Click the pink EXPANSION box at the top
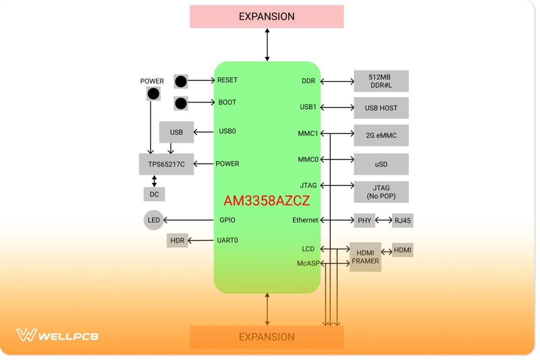(267, 17)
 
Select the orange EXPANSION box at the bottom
(267, 337)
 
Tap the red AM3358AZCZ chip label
(267, 201)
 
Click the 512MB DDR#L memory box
(381, 81)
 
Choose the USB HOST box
(381, 108)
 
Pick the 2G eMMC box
(381, 135)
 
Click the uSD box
(381, 164)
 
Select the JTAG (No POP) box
(381, 192)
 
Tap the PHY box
(364, 220)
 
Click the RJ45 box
(402, 220)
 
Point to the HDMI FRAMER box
(365, 257)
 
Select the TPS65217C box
(166, 164)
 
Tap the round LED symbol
(153, 220)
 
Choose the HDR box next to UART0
(177, 240)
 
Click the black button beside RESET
(180, 81)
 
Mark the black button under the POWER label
(153, 94)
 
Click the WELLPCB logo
(58, 335)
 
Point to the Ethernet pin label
(305, 220)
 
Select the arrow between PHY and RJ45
(384, 220)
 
